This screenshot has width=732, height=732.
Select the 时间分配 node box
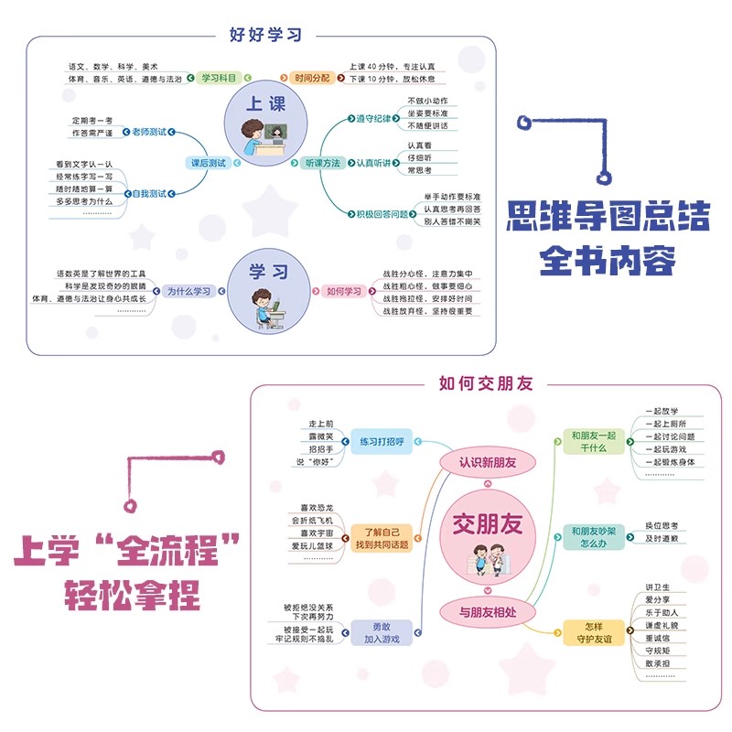pos(310,79)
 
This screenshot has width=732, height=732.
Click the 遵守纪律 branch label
pos(372,118)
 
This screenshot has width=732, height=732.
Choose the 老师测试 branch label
pos(149,133)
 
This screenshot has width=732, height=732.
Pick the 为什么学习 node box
pos(189,291)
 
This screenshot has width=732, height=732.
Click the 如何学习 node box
pos(340,291)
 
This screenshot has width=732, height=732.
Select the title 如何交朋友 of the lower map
pos(486,383)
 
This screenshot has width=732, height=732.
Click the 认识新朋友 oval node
pos(487,462)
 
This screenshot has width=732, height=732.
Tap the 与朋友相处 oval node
pos(487,609)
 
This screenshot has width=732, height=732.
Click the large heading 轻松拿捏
pos(131,597)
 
